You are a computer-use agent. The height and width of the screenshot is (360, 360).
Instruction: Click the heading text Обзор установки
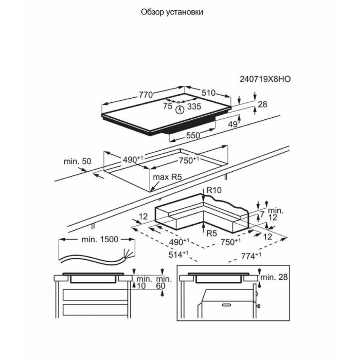(x=171, y=12)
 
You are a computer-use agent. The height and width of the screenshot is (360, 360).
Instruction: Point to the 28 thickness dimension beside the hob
(x=262, y=104)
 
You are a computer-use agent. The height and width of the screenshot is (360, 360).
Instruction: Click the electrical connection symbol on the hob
(x=179, y=109)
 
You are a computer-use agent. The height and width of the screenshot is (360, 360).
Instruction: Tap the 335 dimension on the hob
(x=194, y=106)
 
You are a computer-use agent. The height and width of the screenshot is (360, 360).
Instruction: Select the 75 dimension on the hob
(x=167, y=106)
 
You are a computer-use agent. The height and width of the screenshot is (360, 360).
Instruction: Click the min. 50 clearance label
(x=77, y=161)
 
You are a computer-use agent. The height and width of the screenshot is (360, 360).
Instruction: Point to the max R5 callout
(x=168, y=177)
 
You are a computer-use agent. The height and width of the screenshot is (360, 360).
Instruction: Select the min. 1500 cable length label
(x=100, y=239)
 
